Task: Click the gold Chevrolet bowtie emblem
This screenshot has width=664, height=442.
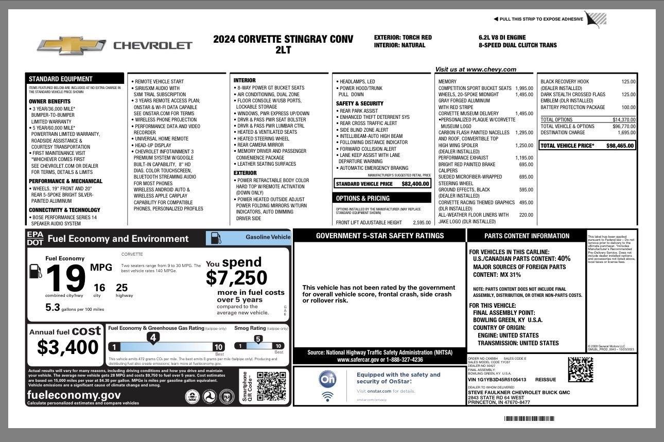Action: (71, 45)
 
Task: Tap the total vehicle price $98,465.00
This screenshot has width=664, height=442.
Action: (620, 146)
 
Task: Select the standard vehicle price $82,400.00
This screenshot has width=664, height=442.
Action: (415, 184)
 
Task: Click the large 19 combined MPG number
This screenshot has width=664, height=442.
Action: (65, 279)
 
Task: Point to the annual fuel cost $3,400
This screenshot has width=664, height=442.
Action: (67, 347)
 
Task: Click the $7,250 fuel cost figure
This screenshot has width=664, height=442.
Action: (236, 278)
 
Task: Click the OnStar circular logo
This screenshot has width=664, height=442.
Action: (328, 379)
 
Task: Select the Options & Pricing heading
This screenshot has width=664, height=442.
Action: (363, 198)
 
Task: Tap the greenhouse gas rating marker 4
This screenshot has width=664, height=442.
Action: (152, 338)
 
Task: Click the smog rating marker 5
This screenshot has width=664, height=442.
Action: (258, 339)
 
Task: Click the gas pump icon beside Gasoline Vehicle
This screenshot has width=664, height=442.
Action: (216, 238)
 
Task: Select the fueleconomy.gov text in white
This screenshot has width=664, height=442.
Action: (74, 395)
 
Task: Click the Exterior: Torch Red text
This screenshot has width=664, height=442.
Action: (403, 38)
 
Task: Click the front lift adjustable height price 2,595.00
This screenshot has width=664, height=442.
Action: (422, 223)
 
